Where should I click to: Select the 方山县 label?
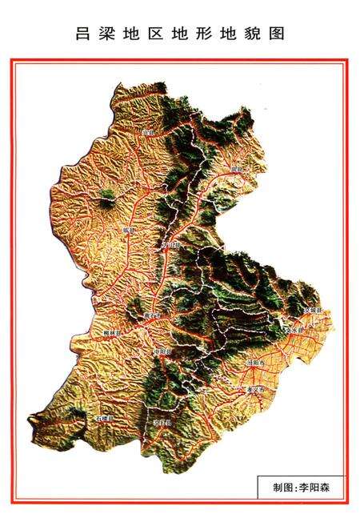point(170,244)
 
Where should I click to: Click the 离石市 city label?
point(154,315)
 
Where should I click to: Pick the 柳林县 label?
point(111,331)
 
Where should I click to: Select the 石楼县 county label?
point(104,418)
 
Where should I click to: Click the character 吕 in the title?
point(82,34)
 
